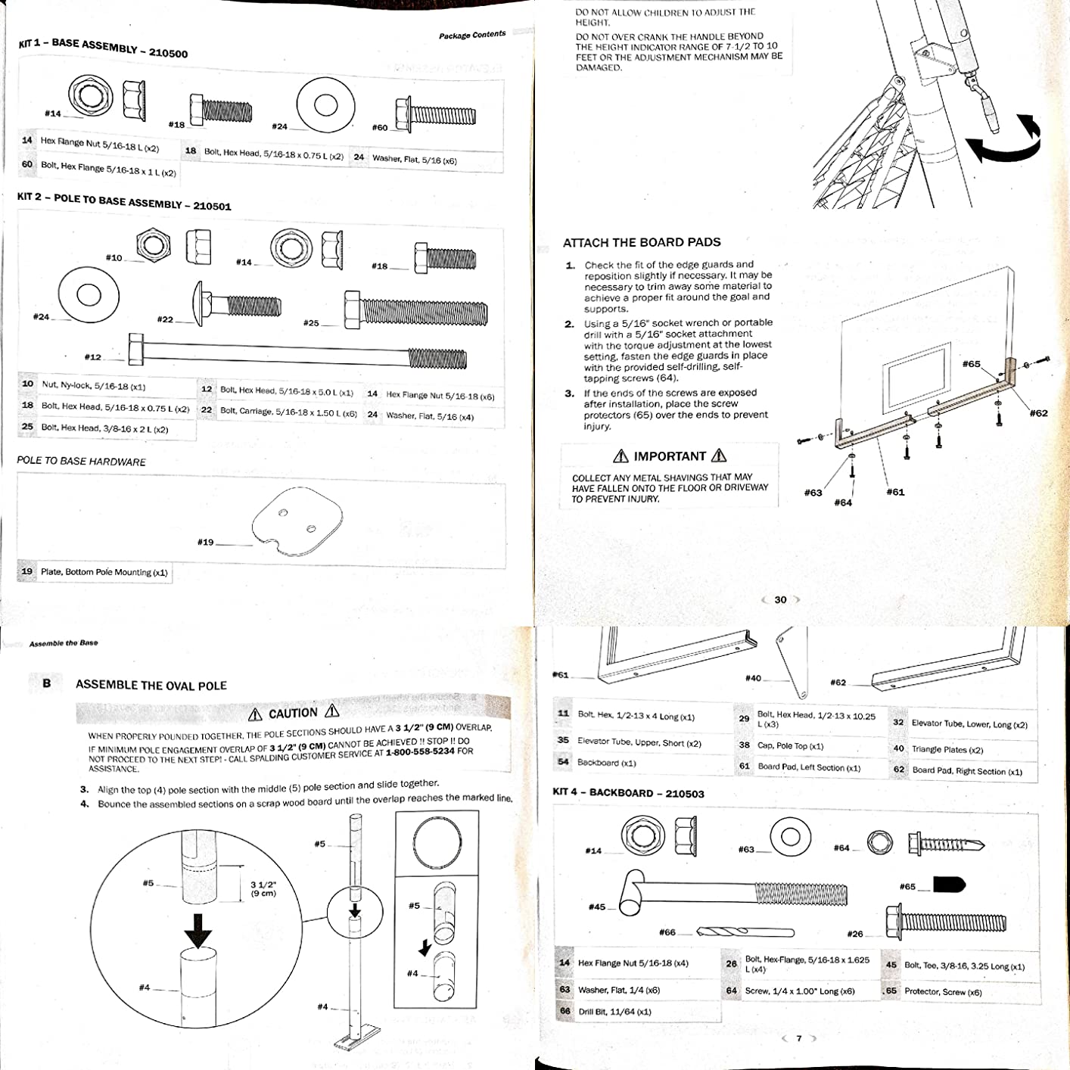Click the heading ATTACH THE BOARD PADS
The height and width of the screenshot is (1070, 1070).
click(x=642, y=243)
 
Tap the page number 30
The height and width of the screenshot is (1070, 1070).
click(x=780, y=600)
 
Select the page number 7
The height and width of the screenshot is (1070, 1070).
click(x=798, y=1039)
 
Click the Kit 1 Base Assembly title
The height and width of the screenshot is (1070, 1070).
click(x=103, y=48)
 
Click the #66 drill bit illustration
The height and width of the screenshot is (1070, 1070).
click(x=745, y=932)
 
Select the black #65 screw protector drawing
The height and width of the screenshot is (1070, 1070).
click(x=950, y=885)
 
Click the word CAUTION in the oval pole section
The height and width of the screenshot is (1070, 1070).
click(x=293, y=714)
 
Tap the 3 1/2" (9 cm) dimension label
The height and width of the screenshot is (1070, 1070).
click(x=263, y=888)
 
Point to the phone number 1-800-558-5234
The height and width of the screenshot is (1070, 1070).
click(x=420, y=752)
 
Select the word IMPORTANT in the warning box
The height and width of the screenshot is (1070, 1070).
click(x=670, y=456)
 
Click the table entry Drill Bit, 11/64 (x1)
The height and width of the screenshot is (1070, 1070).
click(x=614, y=1012)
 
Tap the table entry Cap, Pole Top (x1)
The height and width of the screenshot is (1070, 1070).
click(x=791, y=745)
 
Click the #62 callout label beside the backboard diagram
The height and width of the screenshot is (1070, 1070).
click(x=1038, y=413)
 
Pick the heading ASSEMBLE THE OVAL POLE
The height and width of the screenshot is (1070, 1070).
click(x=151, y=686)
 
